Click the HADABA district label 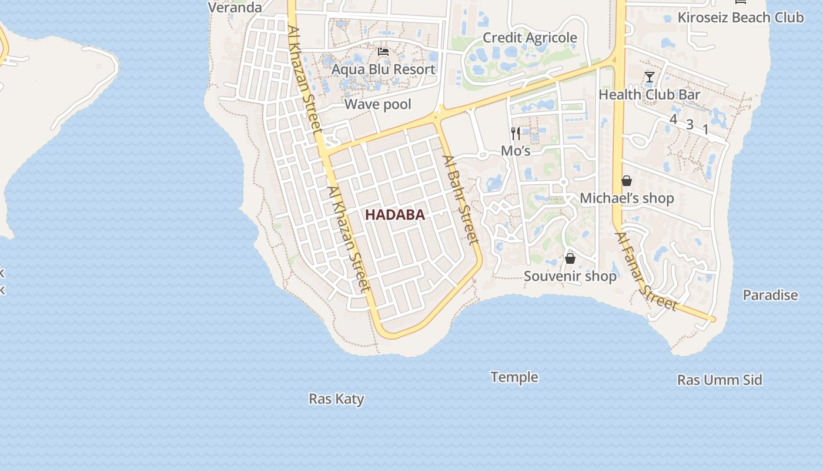[x=394, y=215]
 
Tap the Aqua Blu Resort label [x=383, y=69]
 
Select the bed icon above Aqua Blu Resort [x=383, y=52]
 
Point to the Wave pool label [x=377, y=105]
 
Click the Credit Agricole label [x=530, y=38]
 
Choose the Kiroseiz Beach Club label [x=740, y=18]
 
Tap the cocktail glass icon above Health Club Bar [x=649, y=77]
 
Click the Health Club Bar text [x=649, y=95]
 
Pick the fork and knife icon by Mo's [x=516, y=134]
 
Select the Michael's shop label [x=627, y=198]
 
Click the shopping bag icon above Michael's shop [x=627, y=181]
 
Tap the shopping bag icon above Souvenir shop [x=570, y=258]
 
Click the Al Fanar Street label [x=645, y=271]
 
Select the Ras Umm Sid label [x=720, y=380]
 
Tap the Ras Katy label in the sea [x=336, y=399]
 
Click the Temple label [x=514, y=377]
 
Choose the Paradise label [x=770, y=296]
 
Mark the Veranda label [x=235, y=8]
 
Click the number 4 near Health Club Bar [x=673, y=120]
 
